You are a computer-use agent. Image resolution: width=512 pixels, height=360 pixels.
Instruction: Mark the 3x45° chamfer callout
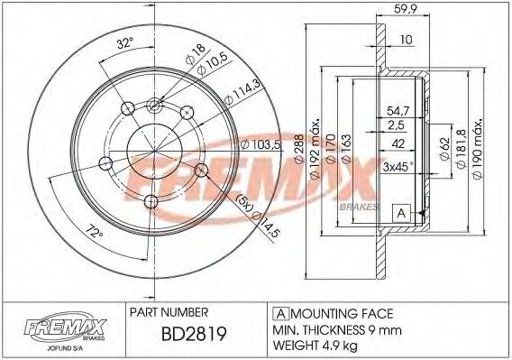pyautogui.click(x=397, y=166)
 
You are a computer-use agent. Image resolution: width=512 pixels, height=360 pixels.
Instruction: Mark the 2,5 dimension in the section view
pyautogui.click(x=398, y=125)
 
